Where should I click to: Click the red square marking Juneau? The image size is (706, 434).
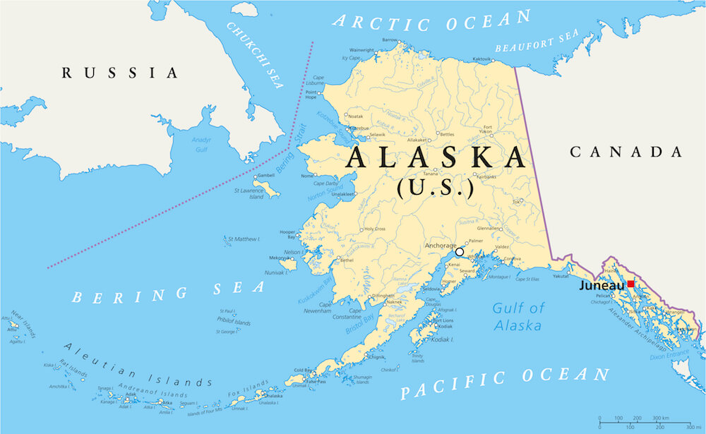(630, 284)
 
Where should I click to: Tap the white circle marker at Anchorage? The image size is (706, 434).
(460, 251)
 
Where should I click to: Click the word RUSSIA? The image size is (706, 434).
(119, 72)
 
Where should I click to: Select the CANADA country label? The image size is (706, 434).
(626, 152)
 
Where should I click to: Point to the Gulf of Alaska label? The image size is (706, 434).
(518, 316)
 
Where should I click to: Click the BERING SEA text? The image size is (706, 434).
(168, 292)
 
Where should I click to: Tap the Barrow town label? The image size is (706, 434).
(390, 40)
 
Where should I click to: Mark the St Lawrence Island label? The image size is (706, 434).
(248, 193)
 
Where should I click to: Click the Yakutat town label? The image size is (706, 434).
(561, 278)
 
